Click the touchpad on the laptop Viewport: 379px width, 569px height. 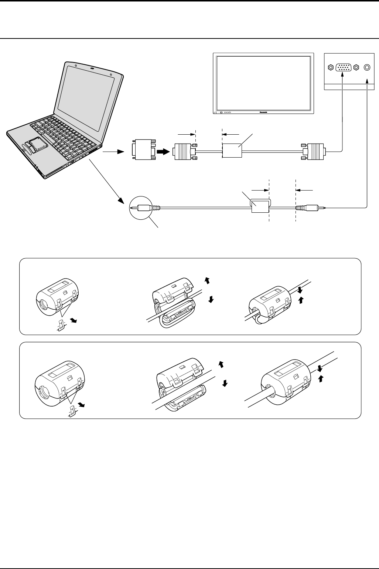37,144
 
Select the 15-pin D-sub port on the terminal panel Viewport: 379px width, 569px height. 343,68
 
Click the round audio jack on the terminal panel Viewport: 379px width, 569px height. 367,68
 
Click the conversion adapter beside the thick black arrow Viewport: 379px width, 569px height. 143,149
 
